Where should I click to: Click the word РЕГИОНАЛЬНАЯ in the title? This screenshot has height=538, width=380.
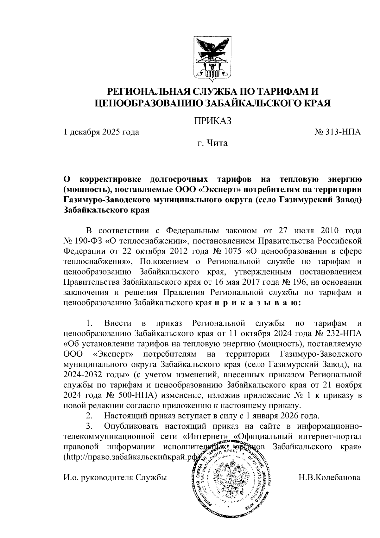point(149,92)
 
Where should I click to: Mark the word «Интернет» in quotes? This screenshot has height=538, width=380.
point(206,437)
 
